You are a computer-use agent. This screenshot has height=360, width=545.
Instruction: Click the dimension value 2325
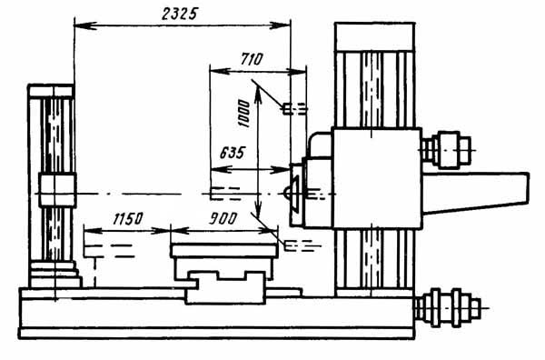point(179,14)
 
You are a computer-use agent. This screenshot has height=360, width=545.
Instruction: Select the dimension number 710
point(252,59)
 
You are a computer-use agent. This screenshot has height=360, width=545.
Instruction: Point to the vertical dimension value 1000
point(244,114)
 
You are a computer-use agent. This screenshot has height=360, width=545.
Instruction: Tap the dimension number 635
point(233,153)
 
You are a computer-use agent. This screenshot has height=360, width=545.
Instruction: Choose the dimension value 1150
point(127,218)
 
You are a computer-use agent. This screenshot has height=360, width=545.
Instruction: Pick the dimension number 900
point(223,218)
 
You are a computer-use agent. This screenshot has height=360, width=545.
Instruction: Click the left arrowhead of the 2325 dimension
point(85,25)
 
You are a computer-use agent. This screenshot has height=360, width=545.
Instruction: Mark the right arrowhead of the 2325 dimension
point(280,25)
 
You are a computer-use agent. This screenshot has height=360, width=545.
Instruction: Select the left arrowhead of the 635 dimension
point(222,170)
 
